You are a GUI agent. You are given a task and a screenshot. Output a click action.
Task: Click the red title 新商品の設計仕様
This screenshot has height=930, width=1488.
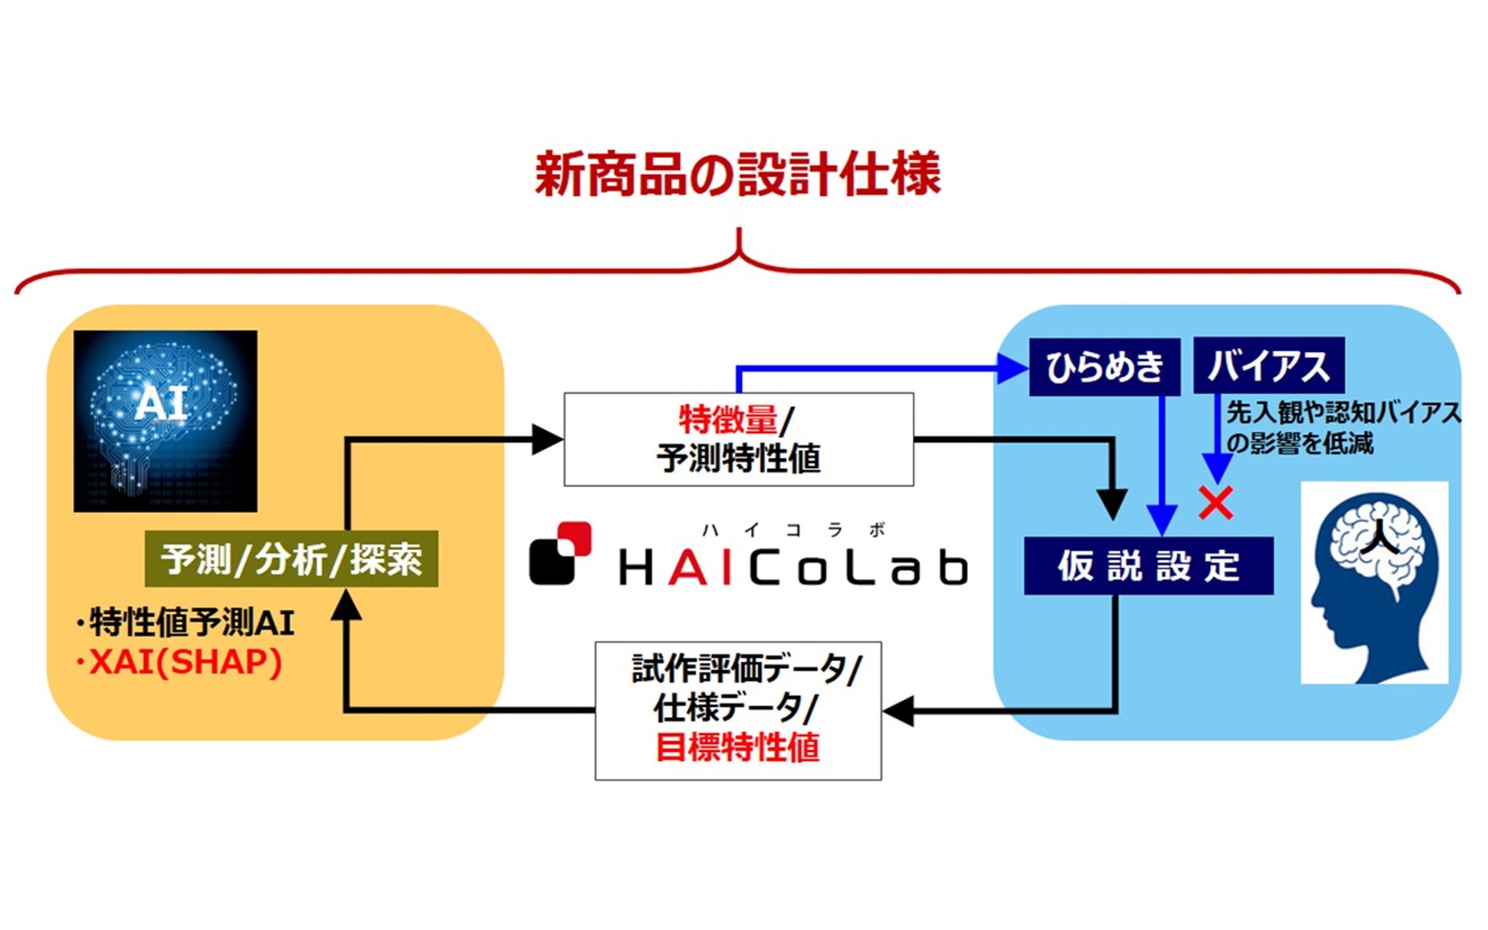point(737,174)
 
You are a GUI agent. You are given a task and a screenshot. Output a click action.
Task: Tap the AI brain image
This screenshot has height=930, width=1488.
point(165,421)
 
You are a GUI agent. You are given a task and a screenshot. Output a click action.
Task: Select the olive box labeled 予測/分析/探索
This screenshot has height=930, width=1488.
point(291,559)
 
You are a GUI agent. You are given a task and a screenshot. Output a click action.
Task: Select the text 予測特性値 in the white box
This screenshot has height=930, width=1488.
point(738,459)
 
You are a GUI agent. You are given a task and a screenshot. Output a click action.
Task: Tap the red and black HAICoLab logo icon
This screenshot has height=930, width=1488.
point(560,553)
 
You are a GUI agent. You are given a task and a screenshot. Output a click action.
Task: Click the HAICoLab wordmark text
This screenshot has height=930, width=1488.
point(793,568)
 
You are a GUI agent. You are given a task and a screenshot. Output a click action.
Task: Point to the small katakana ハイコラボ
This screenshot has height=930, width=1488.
point(793,530)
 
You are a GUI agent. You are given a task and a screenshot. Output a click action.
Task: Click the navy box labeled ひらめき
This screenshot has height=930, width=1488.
point(1104,366)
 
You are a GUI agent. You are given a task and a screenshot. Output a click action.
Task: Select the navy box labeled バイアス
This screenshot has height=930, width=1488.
point(1268,366)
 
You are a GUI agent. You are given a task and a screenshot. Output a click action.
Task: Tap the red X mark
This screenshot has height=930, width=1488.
point(1215,503)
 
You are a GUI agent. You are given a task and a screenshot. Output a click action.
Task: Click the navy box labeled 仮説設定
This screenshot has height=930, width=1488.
point(1148,566)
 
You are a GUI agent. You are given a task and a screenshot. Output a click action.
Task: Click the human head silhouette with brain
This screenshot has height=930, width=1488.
point(1373,583)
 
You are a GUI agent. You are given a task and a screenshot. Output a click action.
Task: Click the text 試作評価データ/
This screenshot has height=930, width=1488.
point(746,669)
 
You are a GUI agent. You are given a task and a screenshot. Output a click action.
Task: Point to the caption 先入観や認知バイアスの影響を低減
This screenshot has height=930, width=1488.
point(1341,427)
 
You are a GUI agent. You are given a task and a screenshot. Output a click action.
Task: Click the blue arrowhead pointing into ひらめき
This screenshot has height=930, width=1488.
point(1012,368)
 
